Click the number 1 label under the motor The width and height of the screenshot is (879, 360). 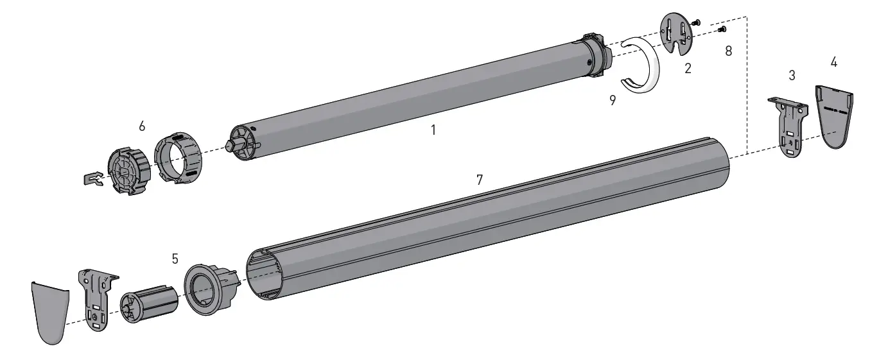pyautogui.click(x=433, y=130)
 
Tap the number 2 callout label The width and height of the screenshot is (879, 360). pyautogui.click(x=688, y=69)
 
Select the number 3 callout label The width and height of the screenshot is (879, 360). pyautogui.click(x=792, y=76)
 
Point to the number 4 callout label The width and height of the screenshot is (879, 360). pyautogui.click(x=833, y=62)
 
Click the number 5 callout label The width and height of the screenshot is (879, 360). pyautogui.click(x=175, y=259)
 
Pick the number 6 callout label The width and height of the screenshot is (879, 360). pyautogui.click(x=142, y=126)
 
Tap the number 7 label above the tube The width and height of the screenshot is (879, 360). pyautogui.click(x=480, y=180)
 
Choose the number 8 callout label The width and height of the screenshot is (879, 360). pyautogui.click(x=728, y=51)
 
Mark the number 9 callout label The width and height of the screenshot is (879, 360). pyautogui.click(x=613, y=101)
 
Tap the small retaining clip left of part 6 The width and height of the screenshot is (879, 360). pyautogui.click(x=94, y=180)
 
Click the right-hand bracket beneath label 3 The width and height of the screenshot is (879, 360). pyautogui.click(x=790, y=125)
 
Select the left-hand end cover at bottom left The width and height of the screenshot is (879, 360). pyautogui.click(x=50, y=311)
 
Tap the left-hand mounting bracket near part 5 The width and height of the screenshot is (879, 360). pyautogui.click(x=96, y=299)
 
